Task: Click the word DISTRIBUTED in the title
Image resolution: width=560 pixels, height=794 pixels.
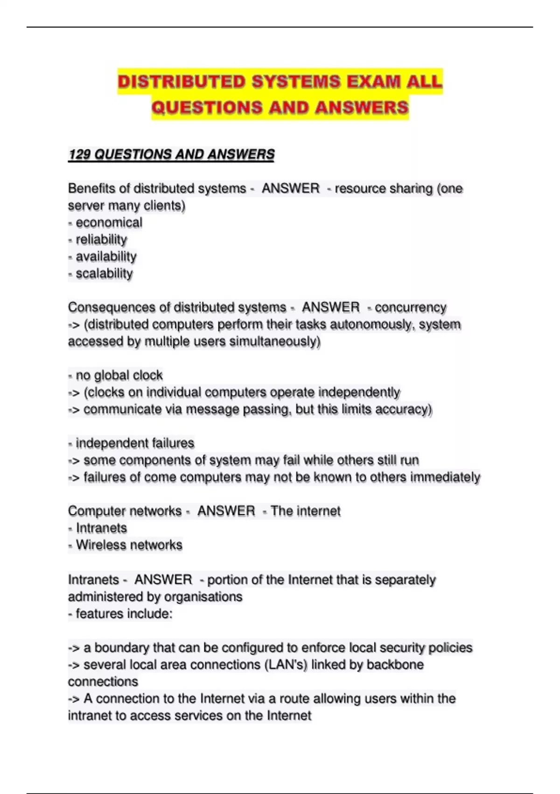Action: (182, 82)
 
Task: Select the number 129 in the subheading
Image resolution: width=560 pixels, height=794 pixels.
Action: (79, 155)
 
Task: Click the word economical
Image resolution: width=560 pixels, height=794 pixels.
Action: (109, 223)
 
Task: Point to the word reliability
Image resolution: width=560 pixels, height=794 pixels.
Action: (101, 240)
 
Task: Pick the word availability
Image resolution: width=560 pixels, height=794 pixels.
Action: (106, 257)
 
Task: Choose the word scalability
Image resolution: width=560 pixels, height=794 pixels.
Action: (104, 274)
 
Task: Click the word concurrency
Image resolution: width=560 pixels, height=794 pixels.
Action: (410, 307)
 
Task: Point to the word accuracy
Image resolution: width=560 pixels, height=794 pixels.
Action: (404, 410)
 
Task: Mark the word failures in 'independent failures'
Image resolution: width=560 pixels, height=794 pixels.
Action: (168, 443)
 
